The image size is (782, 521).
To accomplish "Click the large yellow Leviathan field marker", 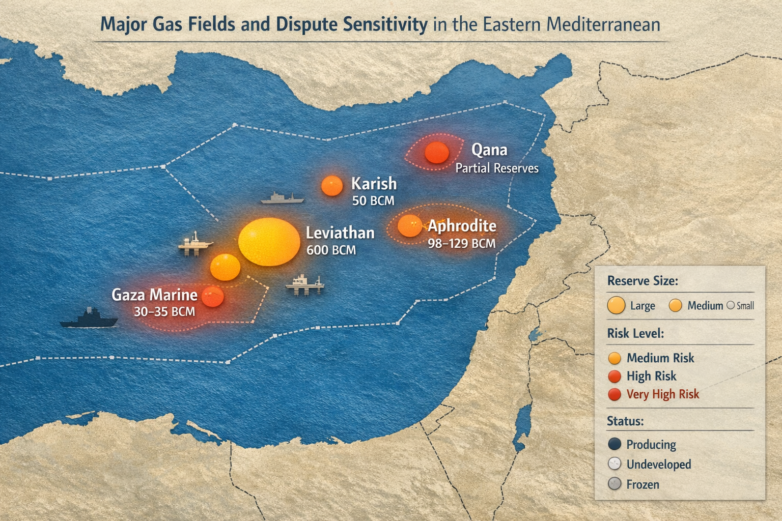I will (269, 242).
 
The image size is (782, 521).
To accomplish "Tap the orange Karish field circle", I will (332, 186).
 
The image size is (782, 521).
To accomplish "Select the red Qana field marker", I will (436, 153).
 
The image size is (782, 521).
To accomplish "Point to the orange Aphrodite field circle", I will (409, 226).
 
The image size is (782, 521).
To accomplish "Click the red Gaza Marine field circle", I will (213, 297).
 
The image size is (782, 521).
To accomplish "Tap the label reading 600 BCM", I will (331, 250).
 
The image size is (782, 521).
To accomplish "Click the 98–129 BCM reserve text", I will (461, 244).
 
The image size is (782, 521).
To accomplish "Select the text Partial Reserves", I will (496, 168).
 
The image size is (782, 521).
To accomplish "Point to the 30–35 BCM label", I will (164, 311).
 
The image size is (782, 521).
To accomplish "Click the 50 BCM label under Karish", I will (373, 201).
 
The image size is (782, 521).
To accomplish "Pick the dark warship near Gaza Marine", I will (89, 319).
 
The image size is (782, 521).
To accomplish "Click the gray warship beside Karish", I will (283, 199).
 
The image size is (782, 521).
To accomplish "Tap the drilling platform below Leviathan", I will (305, 285).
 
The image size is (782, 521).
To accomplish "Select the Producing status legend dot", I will (615, 444).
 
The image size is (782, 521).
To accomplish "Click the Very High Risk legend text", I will (662, 394).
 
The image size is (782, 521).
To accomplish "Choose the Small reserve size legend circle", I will (730, 306).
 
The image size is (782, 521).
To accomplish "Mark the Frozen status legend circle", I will (615, 484).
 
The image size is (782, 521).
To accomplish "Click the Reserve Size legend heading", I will (643, 281).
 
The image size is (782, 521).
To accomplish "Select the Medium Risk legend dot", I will (615, 358).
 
